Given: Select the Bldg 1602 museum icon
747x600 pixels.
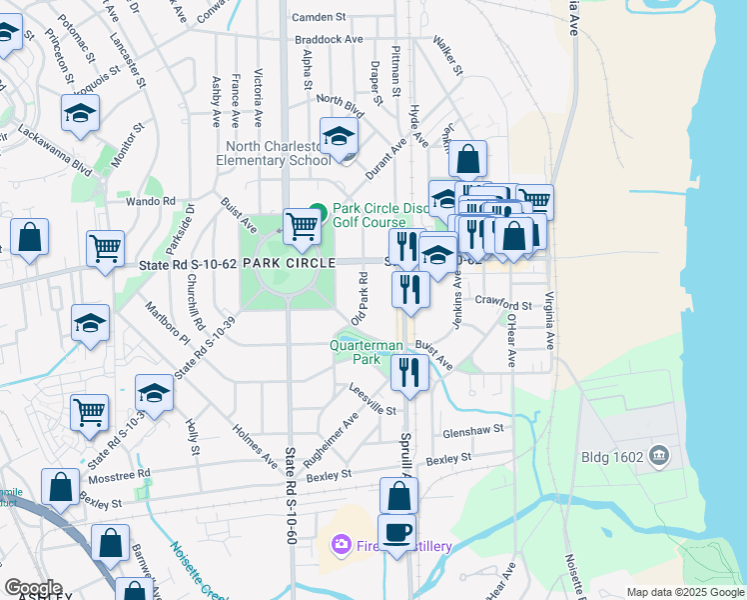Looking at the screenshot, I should [x=658, y=457].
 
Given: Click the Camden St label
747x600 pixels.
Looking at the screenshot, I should [x=318, y=17].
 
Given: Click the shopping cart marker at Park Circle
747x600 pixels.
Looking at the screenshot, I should [x=302, y=225].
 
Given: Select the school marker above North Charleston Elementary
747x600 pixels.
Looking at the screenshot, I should [x=339, y=135].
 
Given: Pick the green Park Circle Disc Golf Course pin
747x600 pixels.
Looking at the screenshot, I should [x=318, y=210].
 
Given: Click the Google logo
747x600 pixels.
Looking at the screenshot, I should [x=33, y=589].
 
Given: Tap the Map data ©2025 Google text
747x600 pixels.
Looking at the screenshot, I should [x=685, y=592].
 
